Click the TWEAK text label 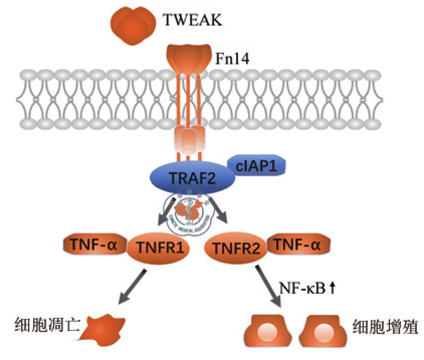192,21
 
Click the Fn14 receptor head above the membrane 188,58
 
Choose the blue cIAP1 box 257,164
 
